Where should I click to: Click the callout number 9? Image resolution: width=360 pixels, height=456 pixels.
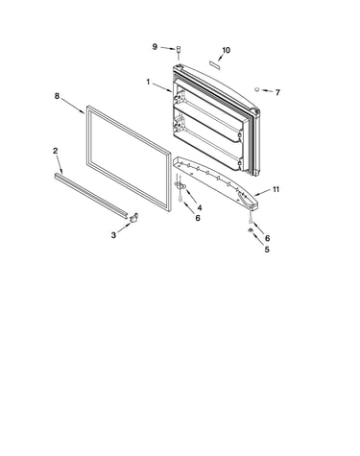coord(155,47)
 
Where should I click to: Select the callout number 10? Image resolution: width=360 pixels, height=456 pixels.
coord(226,50)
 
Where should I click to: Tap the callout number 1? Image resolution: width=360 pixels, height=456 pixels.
coord(148,83)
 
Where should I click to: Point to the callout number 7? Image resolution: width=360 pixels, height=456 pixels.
coord(277,92)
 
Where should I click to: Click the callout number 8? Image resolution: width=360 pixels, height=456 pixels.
coord(57,96)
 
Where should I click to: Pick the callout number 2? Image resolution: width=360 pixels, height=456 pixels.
coord(56,151)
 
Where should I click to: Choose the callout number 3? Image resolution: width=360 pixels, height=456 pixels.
coord(113,235)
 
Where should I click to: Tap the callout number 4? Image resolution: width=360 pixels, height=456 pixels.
coord(200,208)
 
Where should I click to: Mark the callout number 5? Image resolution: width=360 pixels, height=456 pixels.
coord(267,250)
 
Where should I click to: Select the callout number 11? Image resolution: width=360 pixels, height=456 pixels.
coord(276,189)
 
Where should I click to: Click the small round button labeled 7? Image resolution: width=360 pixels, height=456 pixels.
coord(257,89)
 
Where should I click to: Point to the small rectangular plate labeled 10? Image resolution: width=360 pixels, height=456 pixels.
coord(214,64)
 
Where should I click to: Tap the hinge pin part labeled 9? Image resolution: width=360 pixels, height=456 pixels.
coord(179,50)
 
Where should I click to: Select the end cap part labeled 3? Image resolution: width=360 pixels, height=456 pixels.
coord(133,217)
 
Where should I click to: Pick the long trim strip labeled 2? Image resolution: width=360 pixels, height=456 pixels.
coord(91,196)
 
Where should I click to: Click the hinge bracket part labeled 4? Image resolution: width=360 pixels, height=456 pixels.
coord(180,184)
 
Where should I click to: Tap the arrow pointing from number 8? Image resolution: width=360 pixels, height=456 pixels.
coord(73,107)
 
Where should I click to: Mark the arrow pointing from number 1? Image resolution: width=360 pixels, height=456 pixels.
coord(162,88)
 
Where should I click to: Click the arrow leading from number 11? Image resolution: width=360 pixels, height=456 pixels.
coord(262,193)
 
